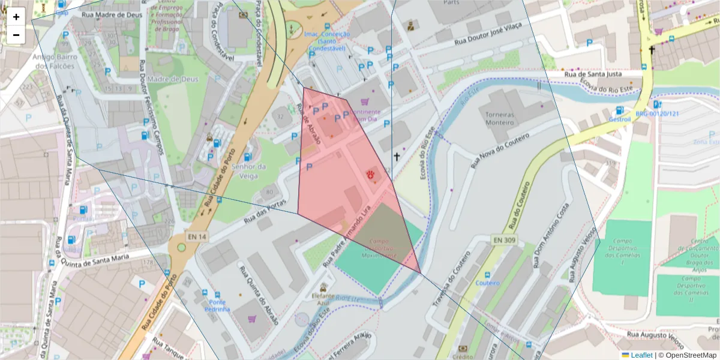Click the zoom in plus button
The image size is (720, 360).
(x=16, y=17)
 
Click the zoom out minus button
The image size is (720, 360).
(x=16, y=35)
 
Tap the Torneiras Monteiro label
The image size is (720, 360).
(x=500, y=117)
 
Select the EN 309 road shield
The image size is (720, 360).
(x=505, y=240)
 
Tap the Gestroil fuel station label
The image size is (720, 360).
(x=620, y=119)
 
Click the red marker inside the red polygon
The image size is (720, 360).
(x=372, y=175)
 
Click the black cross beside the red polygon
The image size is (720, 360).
(x=396, y=157)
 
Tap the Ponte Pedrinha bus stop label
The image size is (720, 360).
(x=217, y=305)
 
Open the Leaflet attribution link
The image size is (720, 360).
(x=641, y=355)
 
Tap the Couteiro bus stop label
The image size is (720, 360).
(x=487, y=283)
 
